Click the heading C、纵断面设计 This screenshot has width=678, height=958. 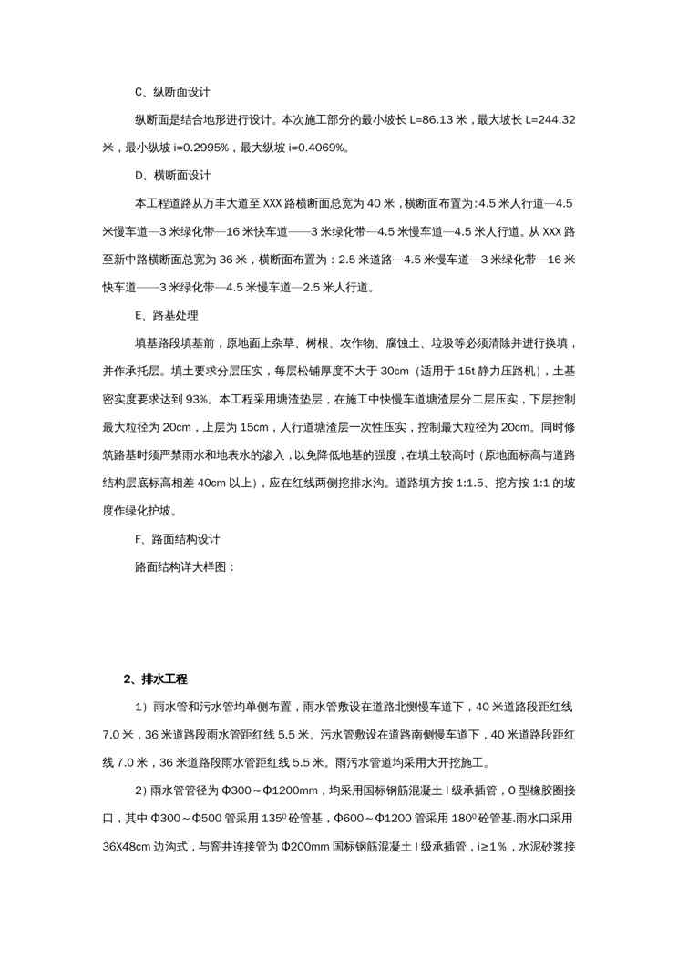click(x=172, y=93)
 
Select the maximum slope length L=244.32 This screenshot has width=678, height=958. click(x=548, y=120)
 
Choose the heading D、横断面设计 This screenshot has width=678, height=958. click(x=172, y=174)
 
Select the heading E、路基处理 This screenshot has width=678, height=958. click(x=166, y=315)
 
